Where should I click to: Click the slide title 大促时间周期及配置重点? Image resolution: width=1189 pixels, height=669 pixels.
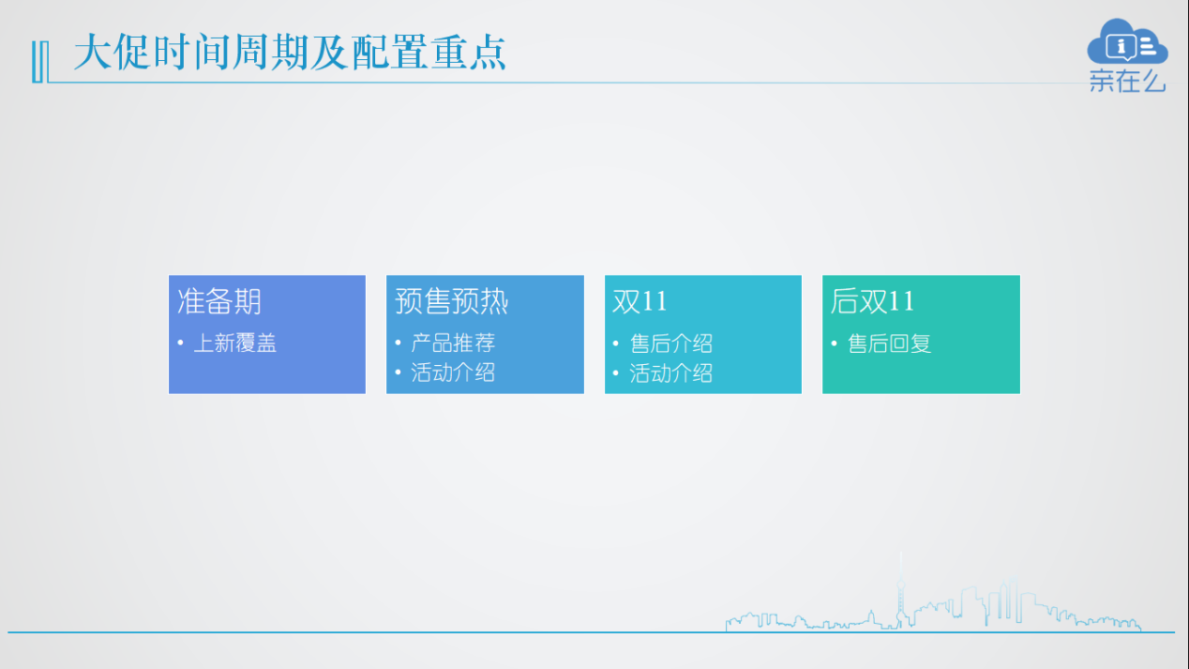(290, 52)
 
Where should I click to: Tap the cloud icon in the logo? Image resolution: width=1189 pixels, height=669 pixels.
(1127, 41)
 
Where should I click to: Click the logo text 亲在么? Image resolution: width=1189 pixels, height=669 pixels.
(1127, 82)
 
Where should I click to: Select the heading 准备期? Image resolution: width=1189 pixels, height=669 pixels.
(219, 301)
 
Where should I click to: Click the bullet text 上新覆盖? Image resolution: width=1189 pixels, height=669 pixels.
(235, 343)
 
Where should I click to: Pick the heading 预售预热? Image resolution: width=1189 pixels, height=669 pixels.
(452, 301)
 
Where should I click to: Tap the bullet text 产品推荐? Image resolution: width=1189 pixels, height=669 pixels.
(453, 343)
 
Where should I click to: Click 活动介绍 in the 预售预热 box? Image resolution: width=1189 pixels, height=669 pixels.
(453, 373)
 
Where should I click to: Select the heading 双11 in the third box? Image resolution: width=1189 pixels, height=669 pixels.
(640, 301)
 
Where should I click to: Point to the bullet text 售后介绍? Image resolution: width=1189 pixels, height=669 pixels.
(671, 343)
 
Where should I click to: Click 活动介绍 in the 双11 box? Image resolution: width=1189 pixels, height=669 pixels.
(671, 373)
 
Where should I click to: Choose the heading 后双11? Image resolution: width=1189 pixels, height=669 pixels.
(873, 301)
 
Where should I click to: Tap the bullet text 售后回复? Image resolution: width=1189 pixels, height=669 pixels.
(890, 343)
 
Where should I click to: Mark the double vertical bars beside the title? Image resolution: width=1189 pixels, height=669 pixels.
(40, 62)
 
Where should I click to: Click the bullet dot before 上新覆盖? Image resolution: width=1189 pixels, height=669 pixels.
(180, 343)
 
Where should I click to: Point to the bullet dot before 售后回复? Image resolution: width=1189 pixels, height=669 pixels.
(834, 343)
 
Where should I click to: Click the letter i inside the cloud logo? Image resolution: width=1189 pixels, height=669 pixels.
(1121, 47)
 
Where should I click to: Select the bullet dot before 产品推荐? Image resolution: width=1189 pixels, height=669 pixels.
(399, 343)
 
